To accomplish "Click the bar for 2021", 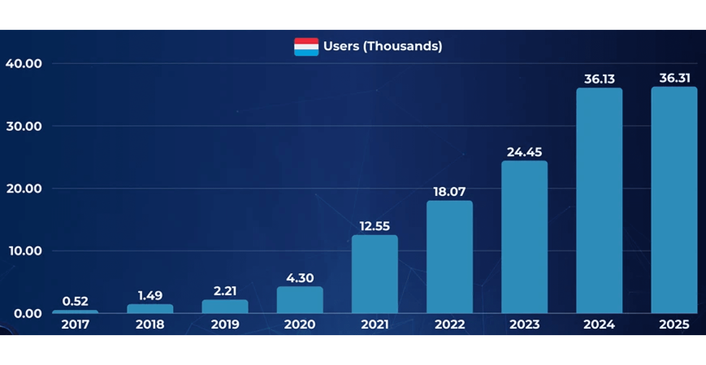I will tap(374, 274).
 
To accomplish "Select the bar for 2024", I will tap(599, 200).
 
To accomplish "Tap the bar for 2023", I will tap(524, 237).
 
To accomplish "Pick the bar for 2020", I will tap(300, 300).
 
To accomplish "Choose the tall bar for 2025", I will tap(674, 200).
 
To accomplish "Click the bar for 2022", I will tap(449, 257).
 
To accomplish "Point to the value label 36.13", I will tap(599, 79).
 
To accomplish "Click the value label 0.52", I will tap(75, 301).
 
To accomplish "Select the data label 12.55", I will tap(374, 226).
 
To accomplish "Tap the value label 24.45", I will tap(524, 152).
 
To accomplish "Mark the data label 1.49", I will tap(150, 295).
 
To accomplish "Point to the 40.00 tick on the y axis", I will tap(24, 64).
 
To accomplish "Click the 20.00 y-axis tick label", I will tap(24, 189).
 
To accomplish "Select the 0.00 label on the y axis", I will tap(28, 314).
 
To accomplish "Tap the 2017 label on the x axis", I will tap(75, 324).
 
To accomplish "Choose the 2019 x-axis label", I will tap(225, 324).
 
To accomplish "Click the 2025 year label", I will tap(674, 324).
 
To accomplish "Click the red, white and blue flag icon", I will tap(306, 47).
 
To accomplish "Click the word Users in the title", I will tap(341, 46).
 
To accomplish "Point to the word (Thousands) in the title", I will tap(403, 46).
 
